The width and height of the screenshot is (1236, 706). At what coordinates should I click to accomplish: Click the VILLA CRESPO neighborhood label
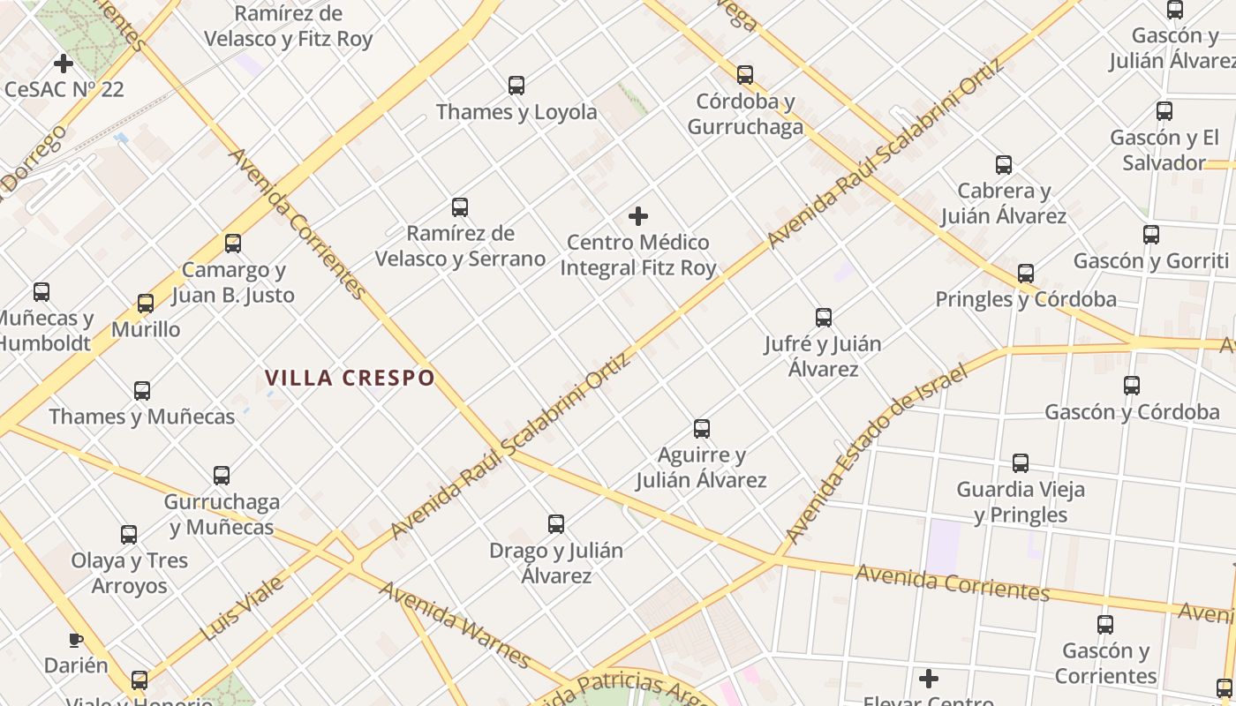point(350,378)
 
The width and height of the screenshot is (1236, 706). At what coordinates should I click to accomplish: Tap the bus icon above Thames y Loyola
point(516,86)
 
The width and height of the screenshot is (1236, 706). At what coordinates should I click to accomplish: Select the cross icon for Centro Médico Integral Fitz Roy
point(638,216)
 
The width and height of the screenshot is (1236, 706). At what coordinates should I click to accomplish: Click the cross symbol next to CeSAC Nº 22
point(64,64)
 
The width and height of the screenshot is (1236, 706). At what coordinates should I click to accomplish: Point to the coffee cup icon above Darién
point(76,640)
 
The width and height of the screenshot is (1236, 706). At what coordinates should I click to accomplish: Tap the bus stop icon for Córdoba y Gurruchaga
point(745,75)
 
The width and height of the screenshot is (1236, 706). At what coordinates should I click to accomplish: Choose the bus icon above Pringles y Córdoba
point(1025,274)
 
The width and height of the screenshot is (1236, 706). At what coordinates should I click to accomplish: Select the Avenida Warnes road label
point(455,624)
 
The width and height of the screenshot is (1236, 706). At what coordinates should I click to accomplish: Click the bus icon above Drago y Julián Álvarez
point(556,524)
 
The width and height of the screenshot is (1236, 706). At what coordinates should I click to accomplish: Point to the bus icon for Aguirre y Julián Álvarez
point(702,429)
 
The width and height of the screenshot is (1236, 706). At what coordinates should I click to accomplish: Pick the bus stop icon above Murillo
point(146,304)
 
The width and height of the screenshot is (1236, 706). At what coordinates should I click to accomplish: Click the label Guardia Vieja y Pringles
point(1021,501)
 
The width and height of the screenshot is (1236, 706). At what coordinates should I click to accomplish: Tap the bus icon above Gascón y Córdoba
point(1132,386)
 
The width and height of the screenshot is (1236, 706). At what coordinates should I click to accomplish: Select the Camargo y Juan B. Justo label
point(233,282)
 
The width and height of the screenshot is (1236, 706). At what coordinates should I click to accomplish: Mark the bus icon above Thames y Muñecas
point(142,390)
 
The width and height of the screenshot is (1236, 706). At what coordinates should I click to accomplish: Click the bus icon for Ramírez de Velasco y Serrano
point(460,207)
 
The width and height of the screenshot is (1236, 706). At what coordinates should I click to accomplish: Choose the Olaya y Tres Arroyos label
point(130,573)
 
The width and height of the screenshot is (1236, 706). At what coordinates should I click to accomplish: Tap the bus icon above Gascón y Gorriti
point(1151,235)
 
